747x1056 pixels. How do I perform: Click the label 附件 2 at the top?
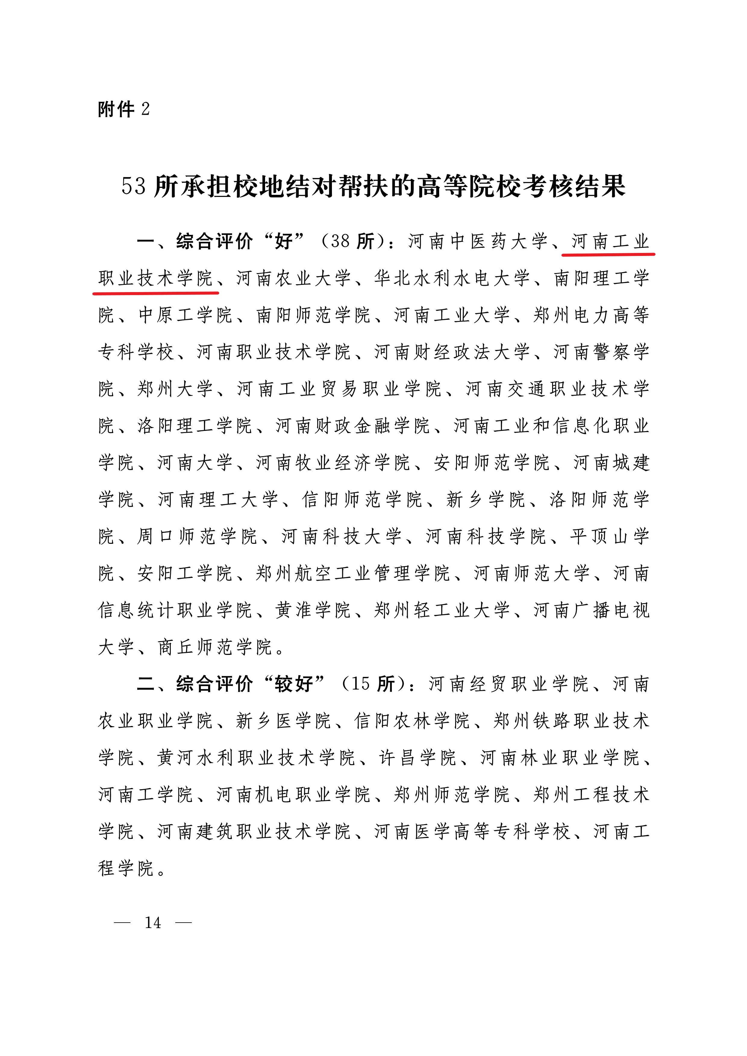coord(123,110)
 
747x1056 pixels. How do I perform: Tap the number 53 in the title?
coord(133,187)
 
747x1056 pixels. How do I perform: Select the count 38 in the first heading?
coord(340,241)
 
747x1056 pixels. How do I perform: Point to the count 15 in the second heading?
coord(360,684)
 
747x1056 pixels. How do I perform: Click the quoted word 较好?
coord(294,684)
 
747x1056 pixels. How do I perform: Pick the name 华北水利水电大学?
coord(452,278)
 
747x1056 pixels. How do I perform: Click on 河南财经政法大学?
coord(452,352)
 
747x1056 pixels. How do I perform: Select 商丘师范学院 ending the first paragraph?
coord(215,647)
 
